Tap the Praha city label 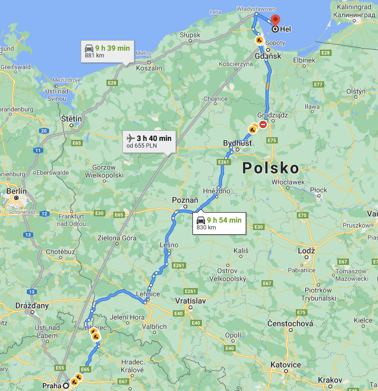coord(52,386)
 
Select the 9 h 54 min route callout coord(219,223)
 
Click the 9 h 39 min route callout coord(107,51)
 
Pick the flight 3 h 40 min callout coord(149,141)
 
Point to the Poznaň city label coord(185,201)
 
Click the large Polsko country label coord(270,168)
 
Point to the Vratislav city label coord(190,300)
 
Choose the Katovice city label coord(286,365)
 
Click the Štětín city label coord(71,119)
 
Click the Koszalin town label coord(149,68)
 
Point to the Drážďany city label coord(32,305)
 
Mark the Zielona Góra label coord(117,237)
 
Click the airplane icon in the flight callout coord(130,138)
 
